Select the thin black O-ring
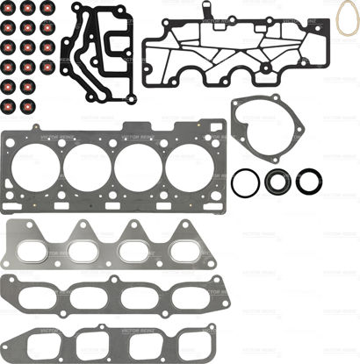point(244,183)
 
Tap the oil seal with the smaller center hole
point(308,182)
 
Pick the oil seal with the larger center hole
point(276,182)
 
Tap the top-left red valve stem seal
point(9,9)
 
